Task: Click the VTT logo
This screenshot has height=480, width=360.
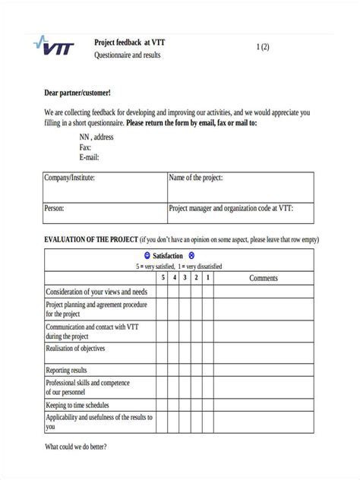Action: [56, 46]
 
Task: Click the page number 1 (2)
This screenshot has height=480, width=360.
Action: [263, 47]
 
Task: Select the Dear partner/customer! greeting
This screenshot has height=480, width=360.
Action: [77, 93]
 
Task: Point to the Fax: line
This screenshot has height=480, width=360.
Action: [85, 147]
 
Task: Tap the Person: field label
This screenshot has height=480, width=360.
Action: [55, 207]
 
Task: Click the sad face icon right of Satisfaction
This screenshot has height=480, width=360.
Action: [191, 256]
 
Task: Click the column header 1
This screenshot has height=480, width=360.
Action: [207, 278]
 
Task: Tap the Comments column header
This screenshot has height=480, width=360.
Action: [264, 278]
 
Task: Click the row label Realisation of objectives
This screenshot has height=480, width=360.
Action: [76, 349]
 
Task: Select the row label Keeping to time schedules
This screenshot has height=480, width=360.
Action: [77, 406]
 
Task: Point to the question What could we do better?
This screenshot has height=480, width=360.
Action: [76, 447]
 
